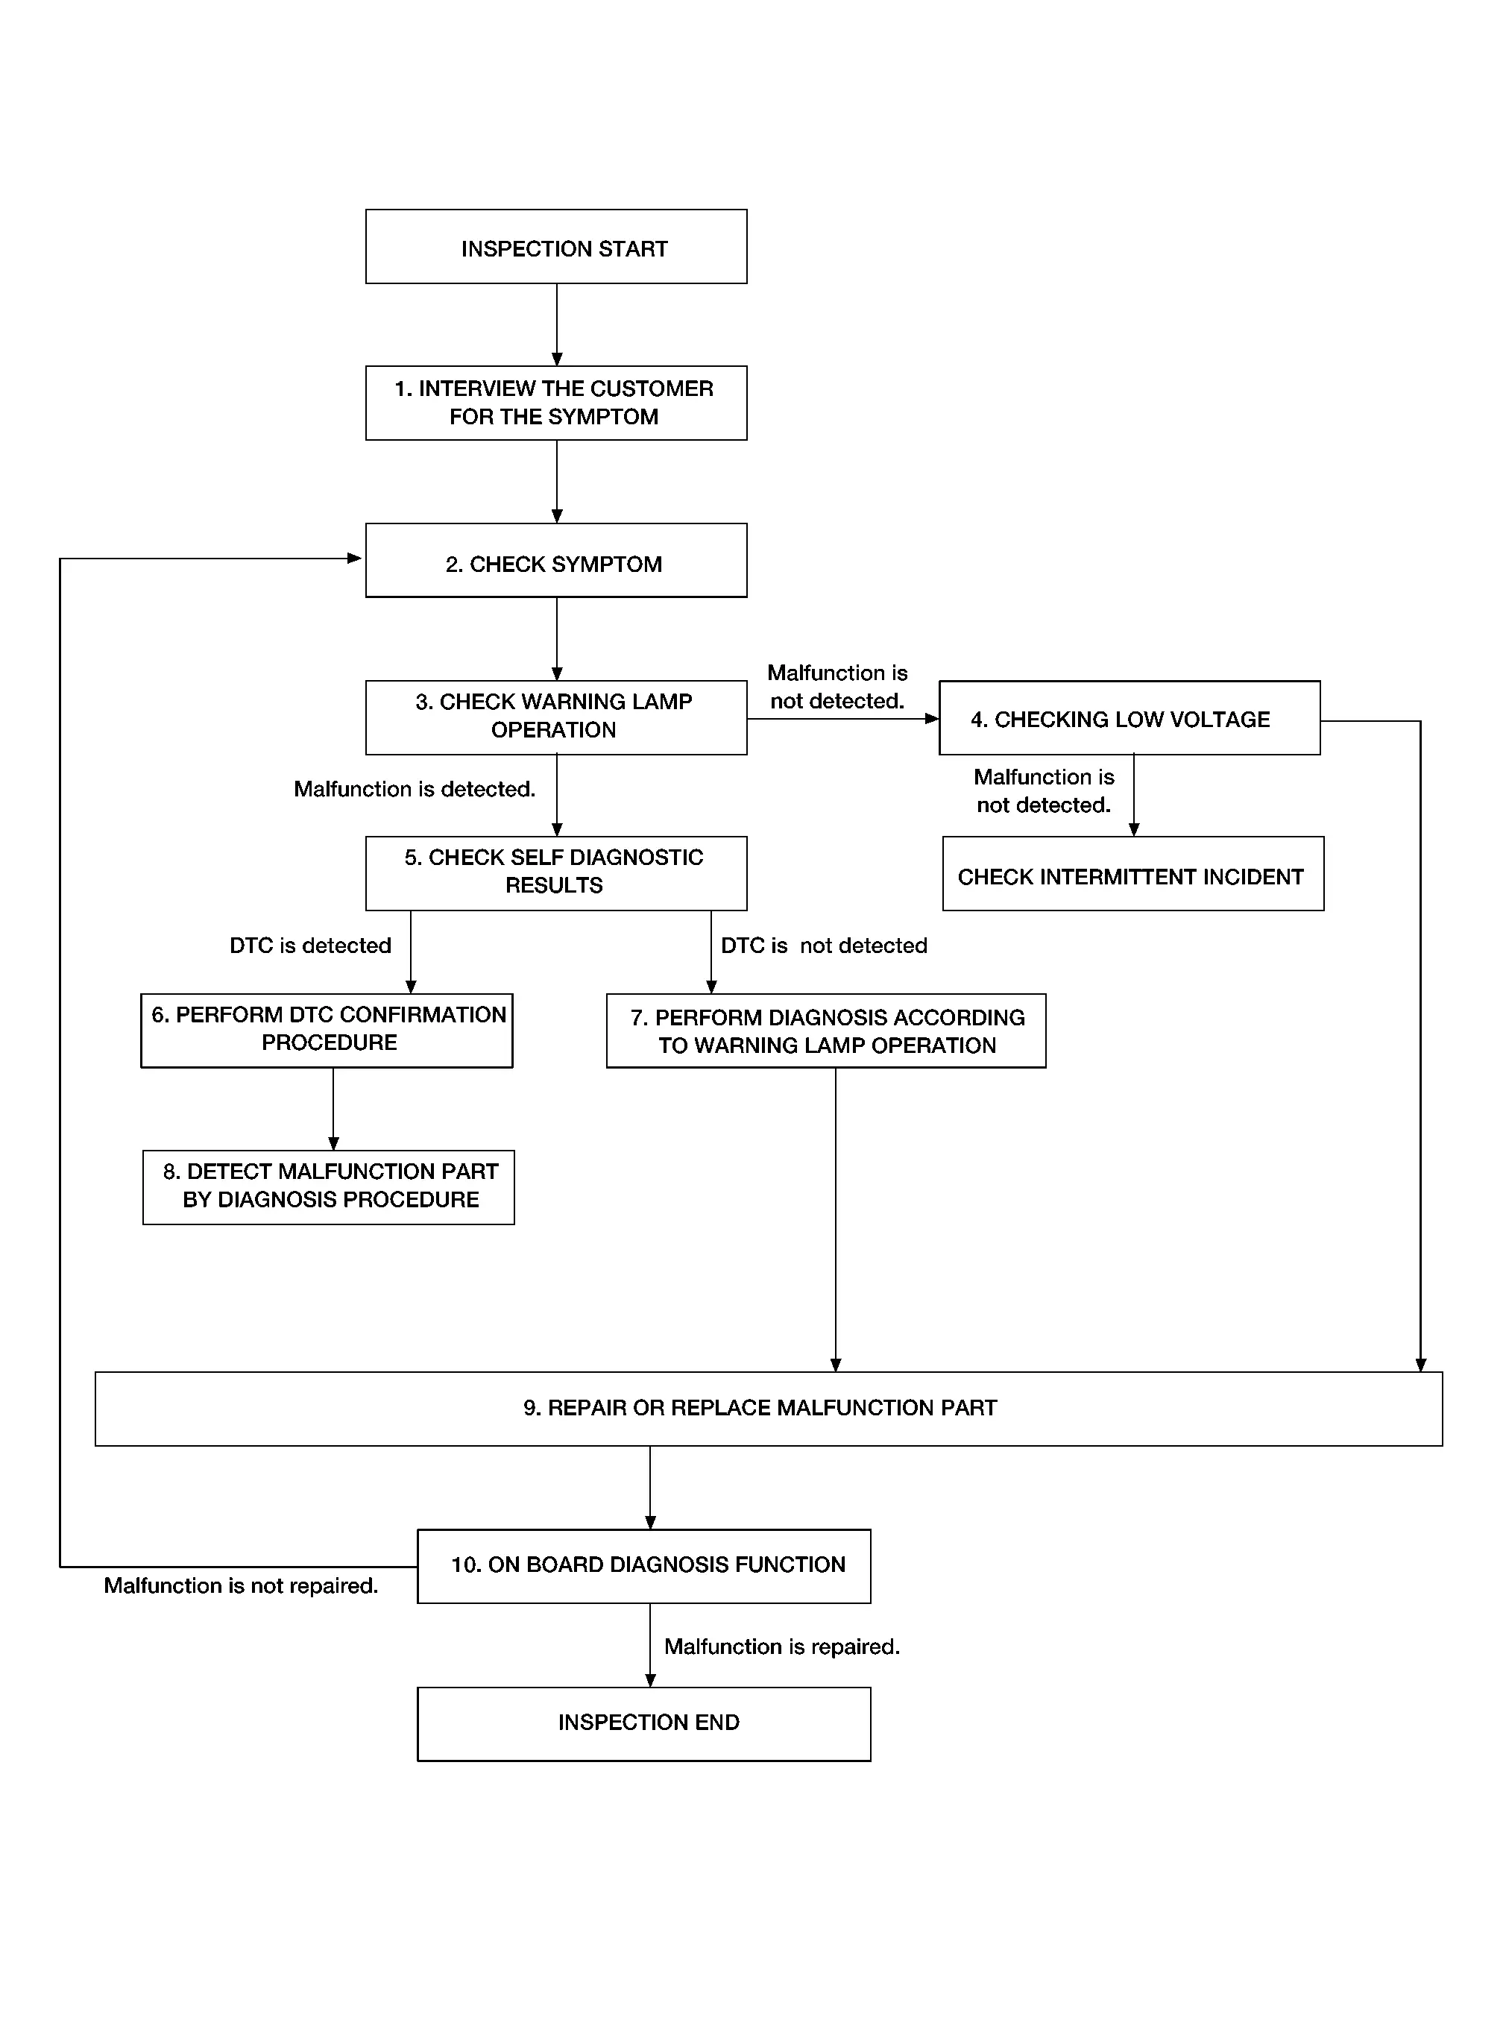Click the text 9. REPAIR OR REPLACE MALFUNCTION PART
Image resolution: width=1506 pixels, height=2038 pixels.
tap(760, 1408)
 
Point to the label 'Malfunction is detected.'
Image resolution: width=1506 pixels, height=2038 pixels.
tap(415, 789)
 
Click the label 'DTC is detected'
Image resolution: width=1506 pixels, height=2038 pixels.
tap(311, 946)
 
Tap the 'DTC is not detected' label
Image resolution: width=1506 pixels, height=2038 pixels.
tap(824, 946)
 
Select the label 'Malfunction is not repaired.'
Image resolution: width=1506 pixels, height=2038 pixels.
tap(241, 1585)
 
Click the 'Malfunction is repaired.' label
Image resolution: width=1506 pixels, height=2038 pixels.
tap(782, 1647)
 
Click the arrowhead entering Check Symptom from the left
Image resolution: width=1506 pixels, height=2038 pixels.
tap(356, 558)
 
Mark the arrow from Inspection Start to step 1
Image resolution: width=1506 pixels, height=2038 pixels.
tap(557, 324)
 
